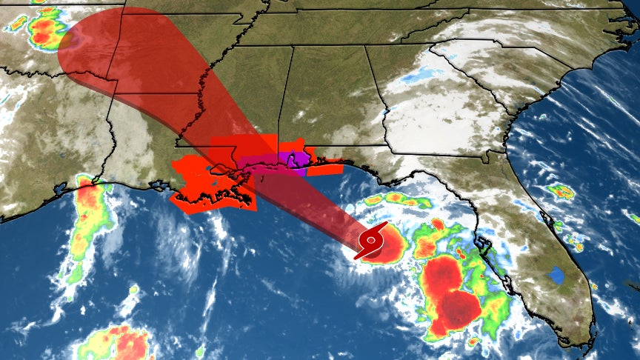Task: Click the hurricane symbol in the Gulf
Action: pyautogui.click(x=370, y=241)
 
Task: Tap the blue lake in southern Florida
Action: pyautogui.click(x=555, y=276)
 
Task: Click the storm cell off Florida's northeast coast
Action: pyautogui.click(x=561, y=193)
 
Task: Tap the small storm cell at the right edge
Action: pyautogui.click(x=631, y=216)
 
